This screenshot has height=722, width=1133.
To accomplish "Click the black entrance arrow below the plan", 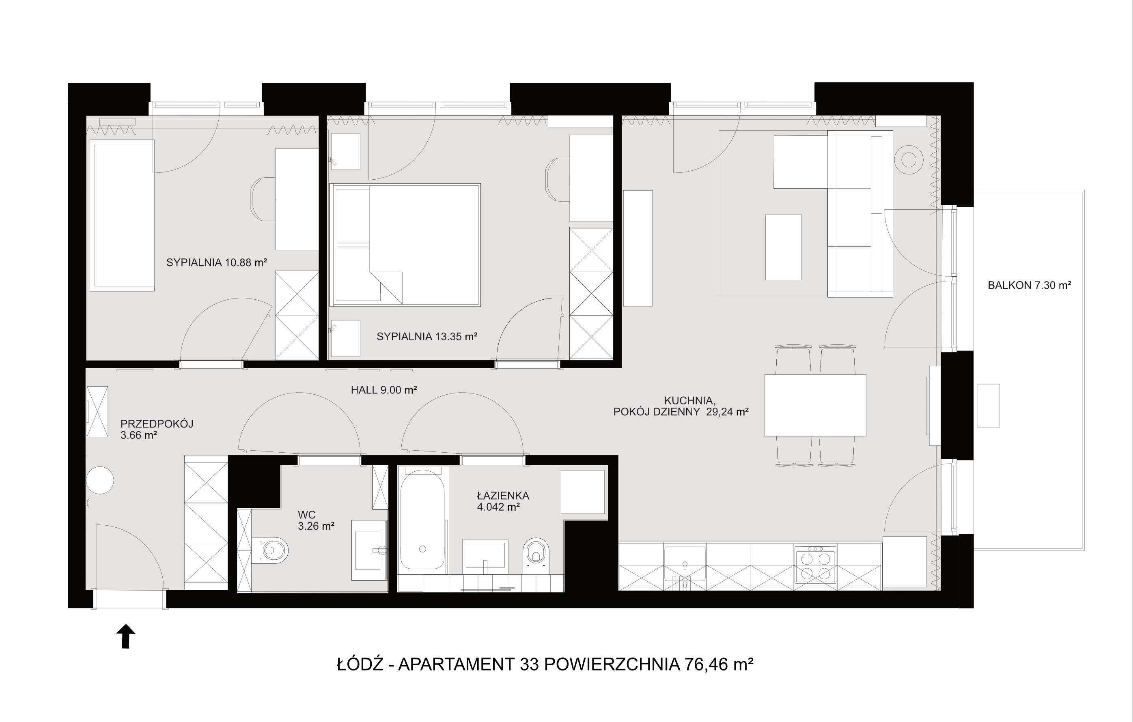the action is [x=126, y=636].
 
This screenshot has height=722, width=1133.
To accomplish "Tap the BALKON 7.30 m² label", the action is [x=1030, y=285].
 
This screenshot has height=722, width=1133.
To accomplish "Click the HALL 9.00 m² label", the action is [x=384, y=389].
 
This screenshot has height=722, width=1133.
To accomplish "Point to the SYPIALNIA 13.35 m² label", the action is [x=427, y=336].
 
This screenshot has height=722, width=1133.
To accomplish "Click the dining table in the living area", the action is [x=815, y=405].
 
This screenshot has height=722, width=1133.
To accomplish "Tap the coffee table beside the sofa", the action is [x=784, y=247].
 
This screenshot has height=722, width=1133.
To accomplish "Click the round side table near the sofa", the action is [x=909, y=160].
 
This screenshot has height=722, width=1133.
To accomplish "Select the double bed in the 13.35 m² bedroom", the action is [x=405, y=245].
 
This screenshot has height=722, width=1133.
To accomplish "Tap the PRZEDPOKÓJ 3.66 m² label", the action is [x=157, y=430].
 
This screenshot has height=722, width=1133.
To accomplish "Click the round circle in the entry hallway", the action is [x=100, y=480].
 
